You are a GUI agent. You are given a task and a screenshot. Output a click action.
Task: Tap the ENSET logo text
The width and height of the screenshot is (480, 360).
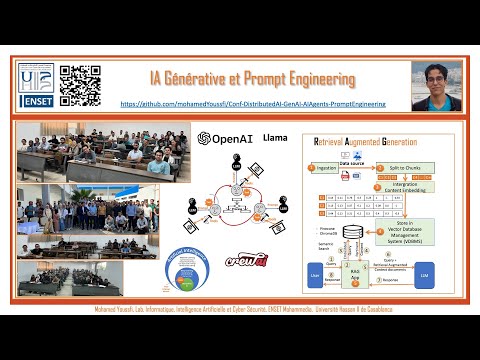pyautogui.click(x=36, y=101)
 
